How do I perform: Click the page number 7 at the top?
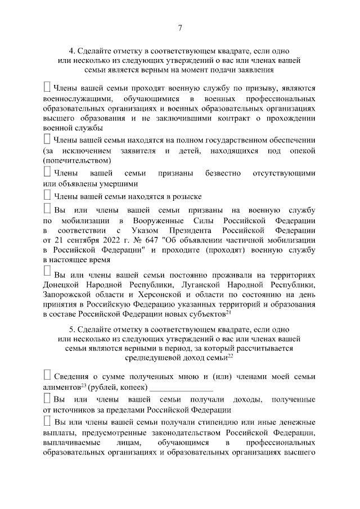180,28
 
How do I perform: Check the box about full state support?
47,138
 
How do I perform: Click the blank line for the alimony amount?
181,389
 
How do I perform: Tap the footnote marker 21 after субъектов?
228,312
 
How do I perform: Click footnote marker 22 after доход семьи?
230,356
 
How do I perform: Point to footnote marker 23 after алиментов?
83,385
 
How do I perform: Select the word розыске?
185,197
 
